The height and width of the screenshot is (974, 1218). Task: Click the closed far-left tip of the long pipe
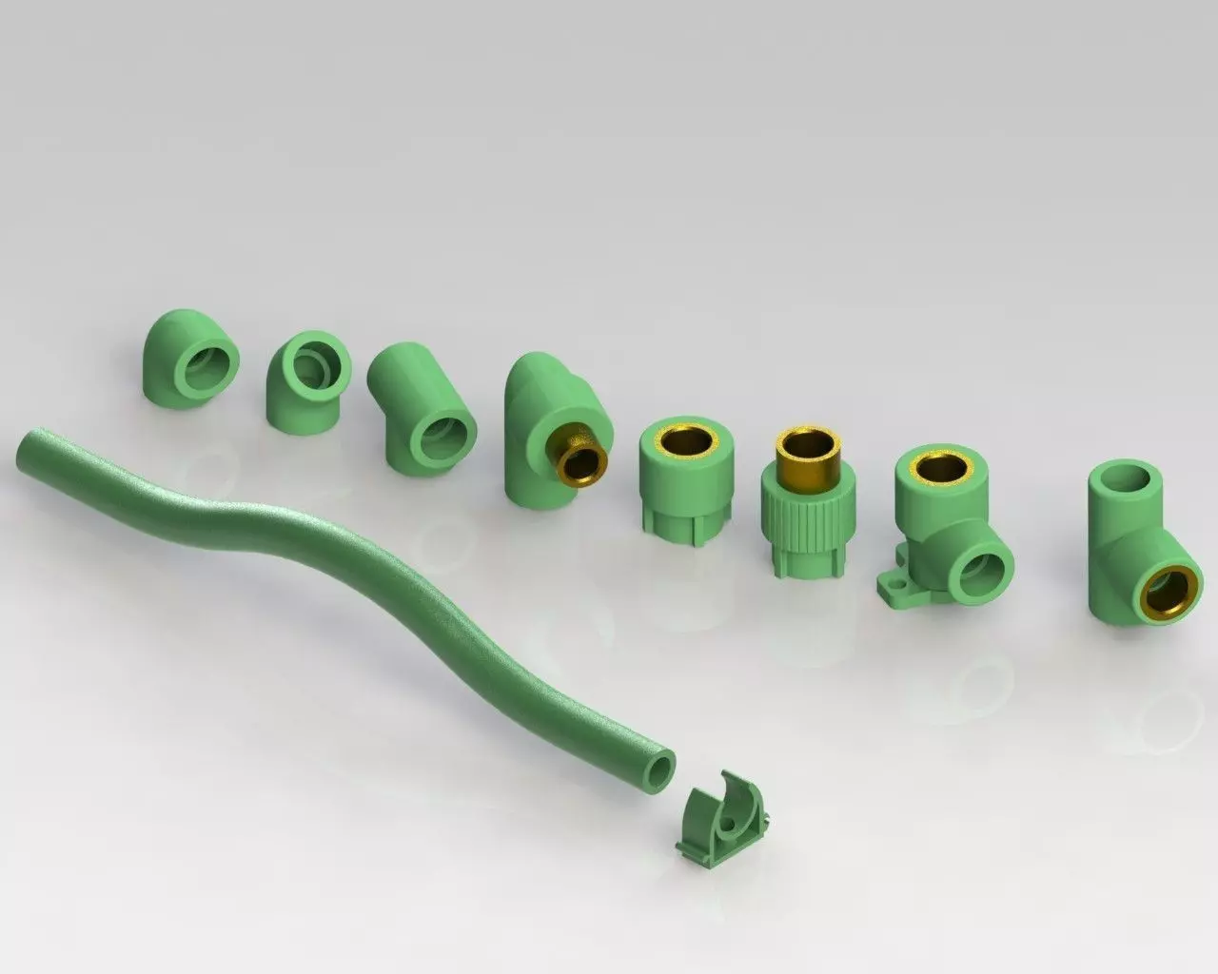[x=21, y=446]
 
